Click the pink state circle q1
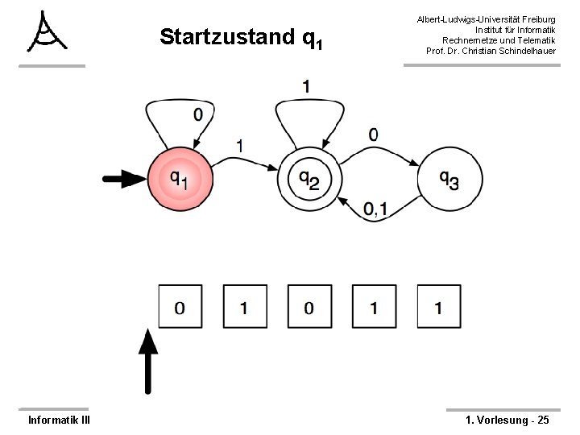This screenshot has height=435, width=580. pyautogui.click(x=180, y=180)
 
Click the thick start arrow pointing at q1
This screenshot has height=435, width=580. pyautogui.click(x=122, y=179)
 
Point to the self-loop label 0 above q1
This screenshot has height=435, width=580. pyautogui.click(x=198, y=114)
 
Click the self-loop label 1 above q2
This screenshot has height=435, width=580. pyautogui.click(x=307, y=85)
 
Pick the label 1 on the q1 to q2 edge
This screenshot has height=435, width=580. pyautogui.click(x=241, y=145)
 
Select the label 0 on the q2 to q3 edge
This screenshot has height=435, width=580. pyautogui.click(x=373, y=134)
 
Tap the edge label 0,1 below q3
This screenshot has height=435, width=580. pyautogui.click(x=375, y=209)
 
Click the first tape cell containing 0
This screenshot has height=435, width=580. pyautogui.click(x=180, y=307)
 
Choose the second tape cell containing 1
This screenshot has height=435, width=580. pyautogui.click(x=244, y=307)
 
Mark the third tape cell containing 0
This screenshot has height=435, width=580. pyautogui.click(x=309, y=307)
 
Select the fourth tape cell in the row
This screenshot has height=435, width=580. pyautogui.click(x=373, y=307)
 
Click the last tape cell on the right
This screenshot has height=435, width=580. pyautogui.click(x=437, y=307)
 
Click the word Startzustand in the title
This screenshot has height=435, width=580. pyautogui.click(x=227, y=37)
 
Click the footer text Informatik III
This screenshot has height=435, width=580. pyautogui.click(x=59, y=420)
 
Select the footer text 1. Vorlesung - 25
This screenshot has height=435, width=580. pyautogui.click(x=507, y=420)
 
